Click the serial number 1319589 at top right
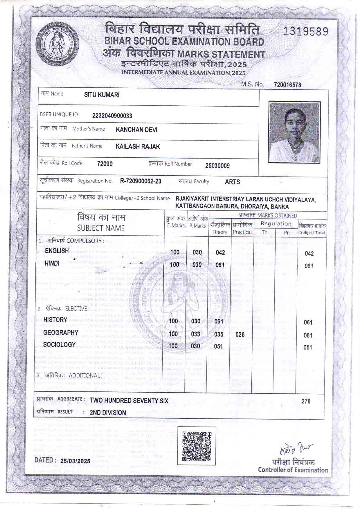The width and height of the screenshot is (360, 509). [305, 31]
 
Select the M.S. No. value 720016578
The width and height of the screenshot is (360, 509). [287, 85]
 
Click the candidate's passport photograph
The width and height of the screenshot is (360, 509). [294, 132]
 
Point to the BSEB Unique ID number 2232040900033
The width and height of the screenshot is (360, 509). [112, 116]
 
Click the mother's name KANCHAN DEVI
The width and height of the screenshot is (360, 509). [136, 130]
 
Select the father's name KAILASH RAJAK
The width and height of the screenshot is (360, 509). [138, 147]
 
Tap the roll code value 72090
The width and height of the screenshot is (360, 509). [105, 164]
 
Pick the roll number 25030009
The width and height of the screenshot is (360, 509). [217, 166]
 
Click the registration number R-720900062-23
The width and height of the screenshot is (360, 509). [141, 181]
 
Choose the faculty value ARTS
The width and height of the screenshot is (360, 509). [232, 182]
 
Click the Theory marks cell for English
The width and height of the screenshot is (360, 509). [220, 253]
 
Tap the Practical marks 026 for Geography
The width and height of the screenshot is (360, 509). [240, 334]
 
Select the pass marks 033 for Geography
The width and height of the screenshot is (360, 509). [195, 334]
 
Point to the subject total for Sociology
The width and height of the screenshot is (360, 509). [307, 348]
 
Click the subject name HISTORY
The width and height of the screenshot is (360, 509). [55, 320]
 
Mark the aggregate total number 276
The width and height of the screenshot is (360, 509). [306, 401]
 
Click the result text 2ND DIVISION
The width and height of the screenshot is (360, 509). [108, 413]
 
